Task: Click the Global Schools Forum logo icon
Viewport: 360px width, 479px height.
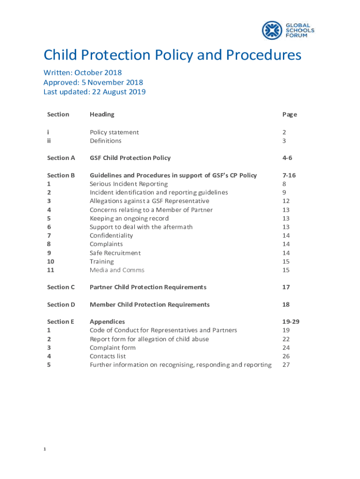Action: point(271,30)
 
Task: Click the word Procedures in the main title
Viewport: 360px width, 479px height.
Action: point(264,55)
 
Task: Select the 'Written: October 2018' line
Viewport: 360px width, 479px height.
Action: point(83,73)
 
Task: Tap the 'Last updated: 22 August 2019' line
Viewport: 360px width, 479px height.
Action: point(94,92)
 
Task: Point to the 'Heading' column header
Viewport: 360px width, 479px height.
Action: point(102,115)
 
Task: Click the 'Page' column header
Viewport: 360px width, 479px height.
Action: point(289,115)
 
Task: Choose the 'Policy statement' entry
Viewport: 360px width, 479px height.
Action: point(114,132)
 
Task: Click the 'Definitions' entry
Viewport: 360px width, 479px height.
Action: point(106,141)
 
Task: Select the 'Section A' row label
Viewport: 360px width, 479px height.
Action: point(61,158)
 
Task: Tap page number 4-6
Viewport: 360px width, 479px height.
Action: point(288,158)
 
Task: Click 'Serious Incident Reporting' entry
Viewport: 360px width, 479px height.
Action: point(129,184)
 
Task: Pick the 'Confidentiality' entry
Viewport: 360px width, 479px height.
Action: point(111,236)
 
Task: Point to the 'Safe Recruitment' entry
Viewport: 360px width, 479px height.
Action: point(115,253)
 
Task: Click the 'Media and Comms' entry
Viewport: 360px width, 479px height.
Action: point(117,270)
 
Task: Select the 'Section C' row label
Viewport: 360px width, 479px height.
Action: point(61,287)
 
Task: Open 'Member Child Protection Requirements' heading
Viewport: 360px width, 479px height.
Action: point(150,305)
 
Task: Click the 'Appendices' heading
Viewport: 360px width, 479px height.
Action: point(107,322)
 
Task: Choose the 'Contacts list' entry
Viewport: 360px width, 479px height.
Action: point(108,356)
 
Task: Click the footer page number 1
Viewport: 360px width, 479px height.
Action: point(44,450)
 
